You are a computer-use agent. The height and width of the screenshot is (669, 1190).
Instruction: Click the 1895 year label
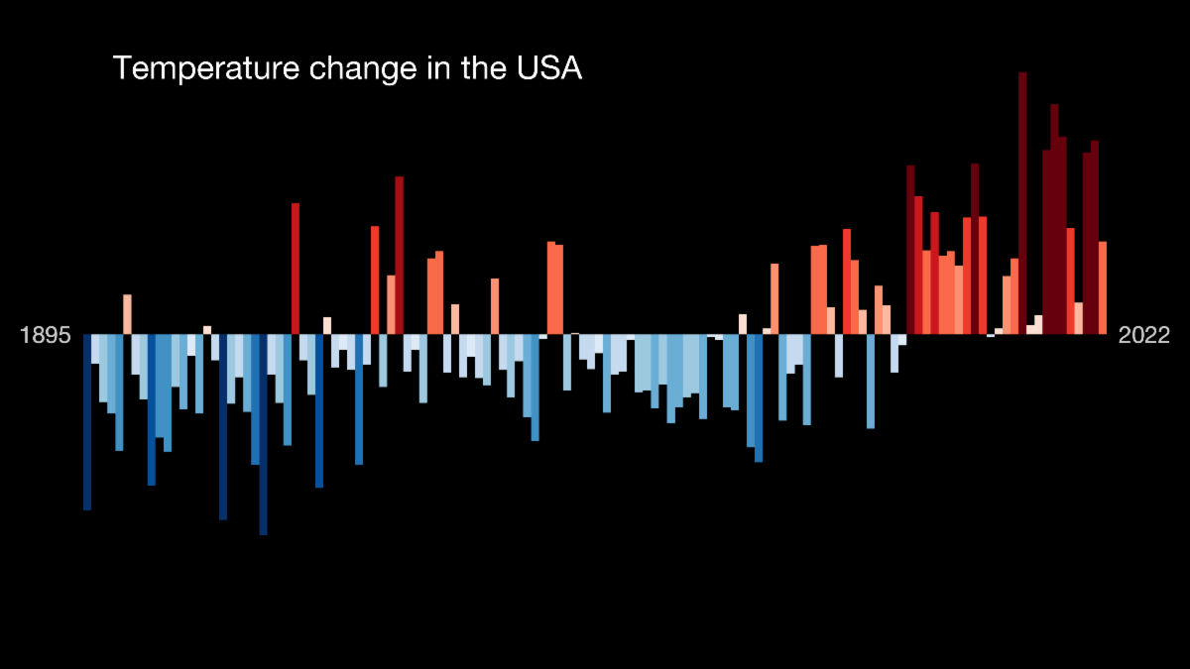pyautogui.click(x=46, y=335)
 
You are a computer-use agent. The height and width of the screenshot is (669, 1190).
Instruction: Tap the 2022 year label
pyautogui.click(x=1144, y=335)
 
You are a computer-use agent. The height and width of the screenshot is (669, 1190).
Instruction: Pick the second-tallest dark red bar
pyautogui.click(x=1054, y=218)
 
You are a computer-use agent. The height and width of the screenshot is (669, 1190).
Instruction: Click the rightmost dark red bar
pyautogui.click(x=1095, y=238)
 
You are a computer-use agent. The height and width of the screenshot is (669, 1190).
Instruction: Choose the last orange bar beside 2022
pyautogui.click(x=1103, y=287)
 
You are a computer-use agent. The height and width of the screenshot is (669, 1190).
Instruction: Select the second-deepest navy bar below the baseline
pyautogui.click(x=223, y=426)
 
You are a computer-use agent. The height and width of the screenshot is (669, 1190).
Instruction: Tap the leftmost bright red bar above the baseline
pyautogui.click(x=296, y=269)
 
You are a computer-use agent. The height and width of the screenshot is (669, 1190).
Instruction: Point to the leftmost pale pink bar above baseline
pyautogui.click(x=127, y=314)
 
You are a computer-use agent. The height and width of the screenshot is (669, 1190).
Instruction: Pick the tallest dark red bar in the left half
pyautogui.click(x=400, y=255)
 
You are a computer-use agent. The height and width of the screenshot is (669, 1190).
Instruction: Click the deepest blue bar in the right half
pyautogui.click(x=759, y=397)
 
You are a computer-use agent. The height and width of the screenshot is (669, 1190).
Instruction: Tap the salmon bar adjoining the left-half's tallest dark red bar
pyautogui.click(x=392, y=304)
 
